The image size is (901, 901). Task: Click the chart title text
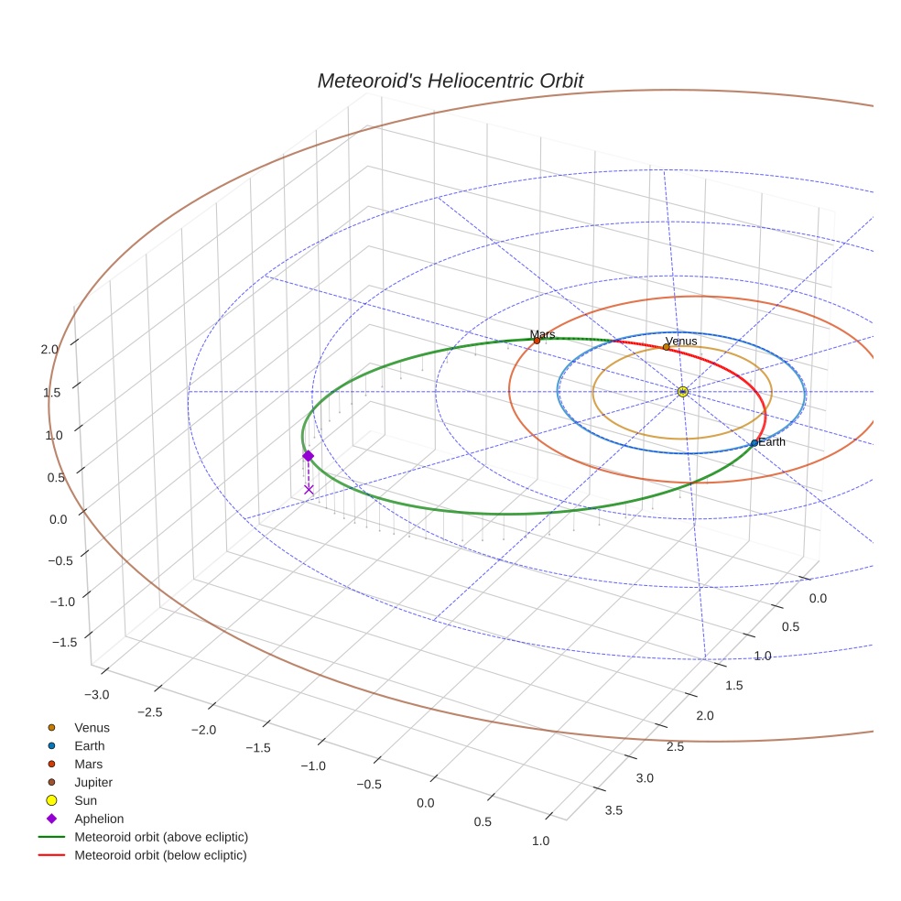coord(450,81)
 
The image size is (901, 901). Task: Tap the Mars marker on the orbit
coord(537,341)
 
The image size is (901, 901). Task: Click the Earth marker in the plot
coord(754,443)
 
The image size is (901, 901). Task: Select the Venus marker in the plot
coord(666,347)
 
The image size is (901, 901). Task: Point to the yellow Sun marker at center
coord(682,392)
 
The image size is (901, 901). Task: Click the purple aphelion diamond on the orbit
coord(308,456)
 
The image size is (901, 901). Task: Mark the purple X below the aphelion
coord(309,490)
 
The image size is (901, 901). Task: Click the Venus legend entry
coord(92,728)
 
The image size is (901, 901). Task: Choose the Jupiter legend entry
coord(92,783)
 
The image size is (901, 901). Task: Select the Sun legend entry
coord(85,800)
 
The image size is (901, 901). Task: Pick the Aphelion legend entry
coord(98,819)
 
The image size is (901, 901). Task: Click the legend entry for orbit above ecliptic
coord(161,837)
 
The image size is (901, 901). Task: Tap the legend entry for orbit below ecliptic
coord(160,855)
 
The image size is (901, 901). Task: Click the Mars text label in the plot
coord(542,334)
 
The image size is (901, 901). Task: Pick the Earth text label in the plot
coord(772,442)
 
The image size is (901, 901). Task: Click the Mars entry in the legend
coord(88,765)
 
